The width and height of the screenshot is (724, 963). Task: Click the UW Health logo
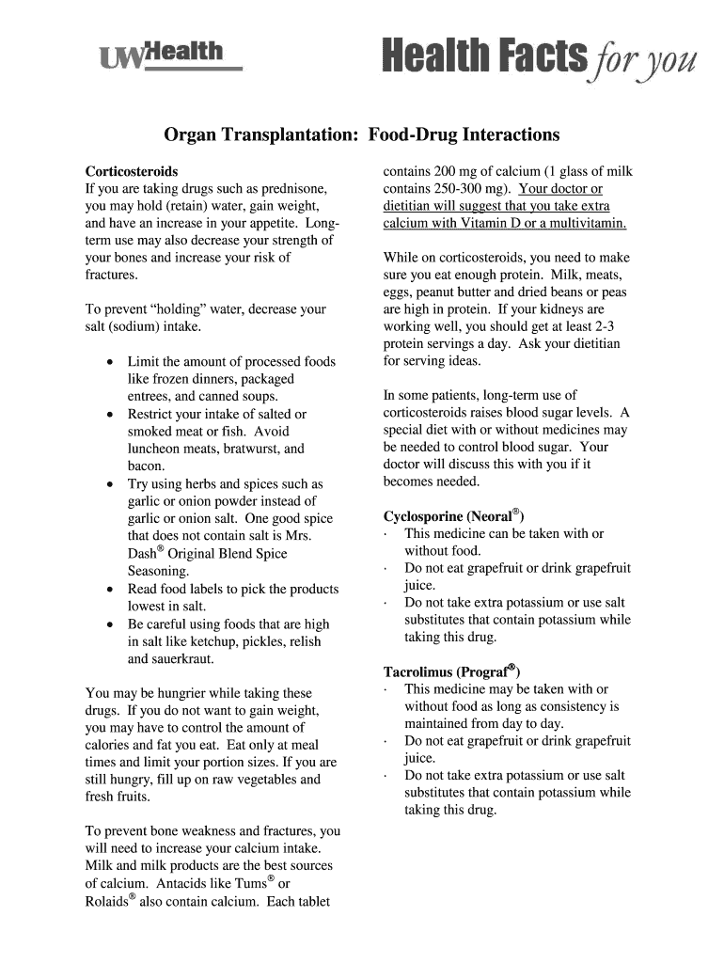(169, 56)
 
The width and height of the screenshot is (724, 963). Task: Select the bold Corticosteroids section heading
(132, 172)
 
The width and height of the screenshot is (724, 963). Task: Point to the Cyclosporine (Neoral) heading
(453, 516)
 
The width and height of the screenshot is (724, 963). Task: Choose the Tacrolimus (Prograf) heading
(450, 671)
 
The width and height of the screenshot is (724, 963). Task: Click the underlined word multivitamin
(584, 224)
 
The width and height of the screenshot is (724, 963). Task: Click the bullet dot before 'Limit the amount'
(112, 362)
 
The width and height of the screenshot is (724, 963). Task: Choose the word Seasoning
(158, 571)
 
